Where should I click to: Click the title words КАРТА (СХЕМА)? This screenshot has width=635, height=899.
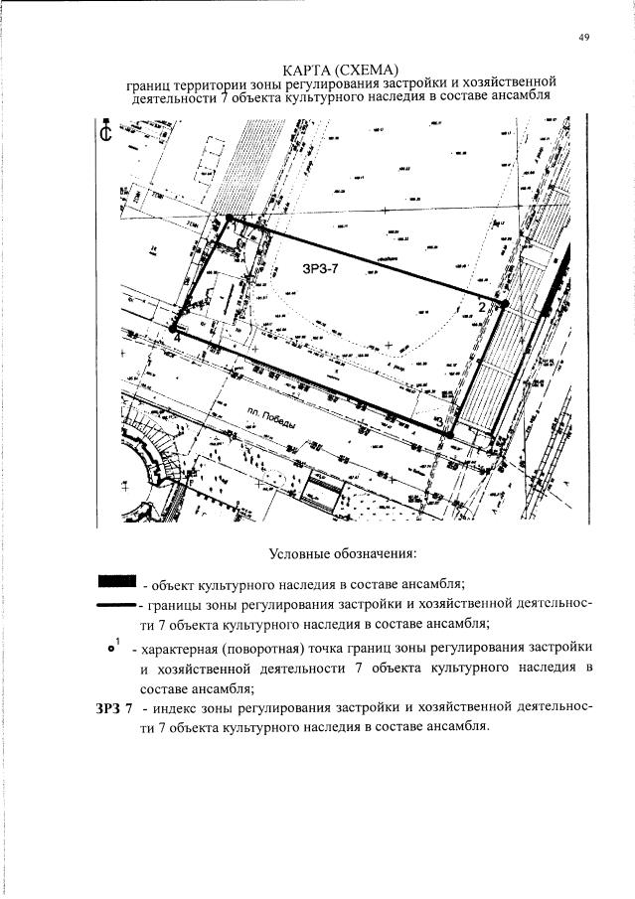coord(340,69)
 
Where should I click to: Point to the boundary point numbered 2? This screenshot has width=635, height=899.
coord(504,303)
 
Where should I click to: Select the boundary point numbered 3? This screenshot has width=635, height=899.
coord(448,434)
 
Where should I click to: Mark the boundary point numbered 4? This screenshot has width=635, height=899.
coord(173,328)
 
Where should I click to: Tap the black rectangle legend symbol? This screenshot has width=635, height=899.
coord(115,581)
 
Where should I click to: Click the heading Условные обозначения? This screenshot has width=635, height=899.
coord(341,552)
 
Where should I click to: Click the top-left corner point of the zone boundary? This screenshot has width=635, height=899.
coord(229,218)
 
